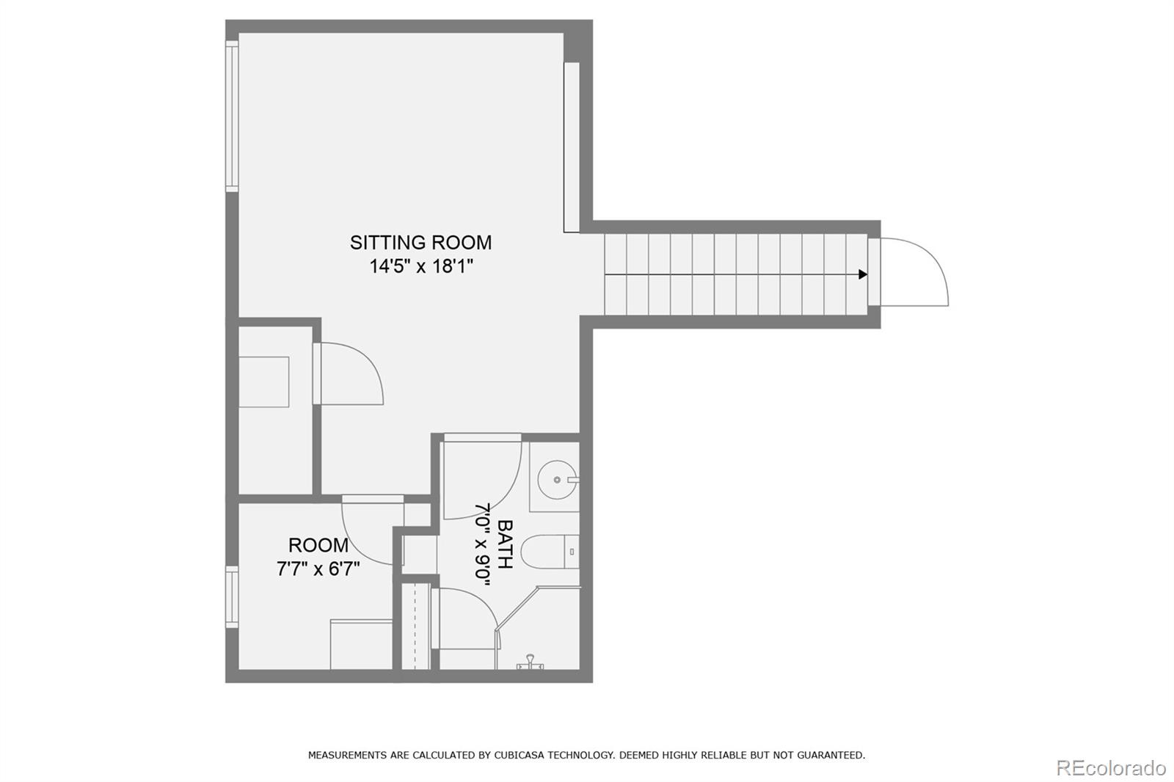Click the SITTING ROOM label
click(420, 242)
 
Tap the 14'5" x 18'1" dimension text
click(420, 266)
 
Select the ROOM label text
click(318, 545)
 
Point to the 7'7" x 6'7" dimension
click(318, 569)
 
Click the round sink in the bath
click(556, 480)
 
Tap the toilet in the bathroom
click(554, 552)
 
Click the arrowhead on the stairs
click(863, 274)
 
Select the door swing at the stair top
click(914, 271)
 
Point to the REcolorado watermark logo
click(1110, 768)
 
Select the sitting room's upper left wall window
click(232, 116)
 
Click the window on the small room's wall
click(232, 597)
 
